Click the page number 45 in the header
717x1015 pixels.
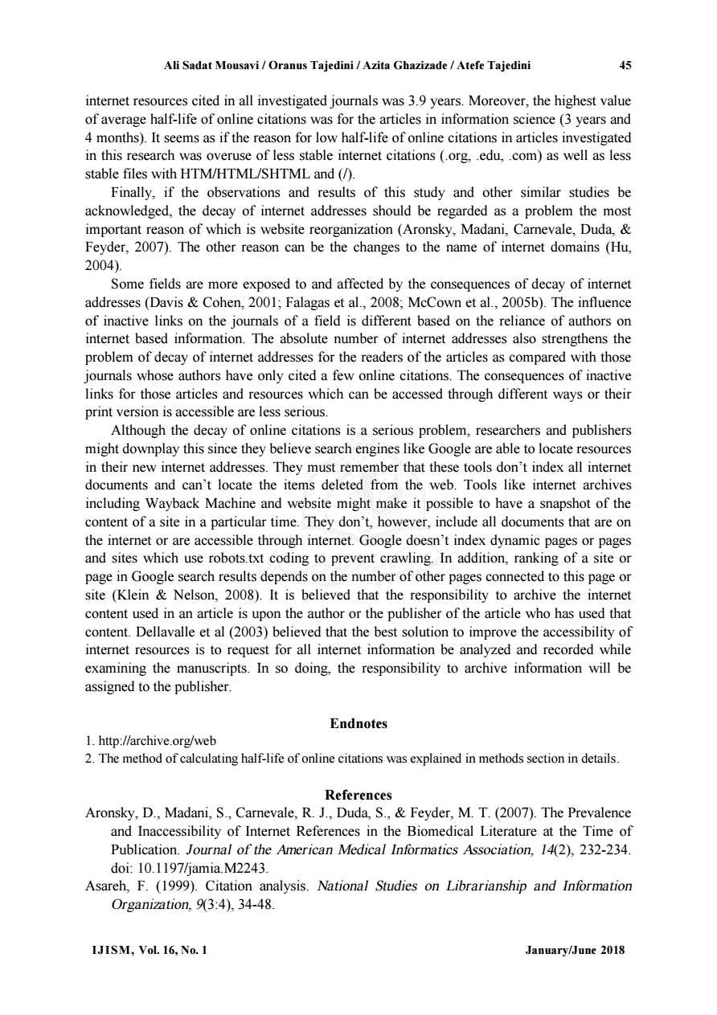pos(625,66)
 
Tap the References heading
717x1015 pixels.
pos(358,796)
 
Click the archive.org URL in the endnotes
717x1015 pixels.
pos(157,741)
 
